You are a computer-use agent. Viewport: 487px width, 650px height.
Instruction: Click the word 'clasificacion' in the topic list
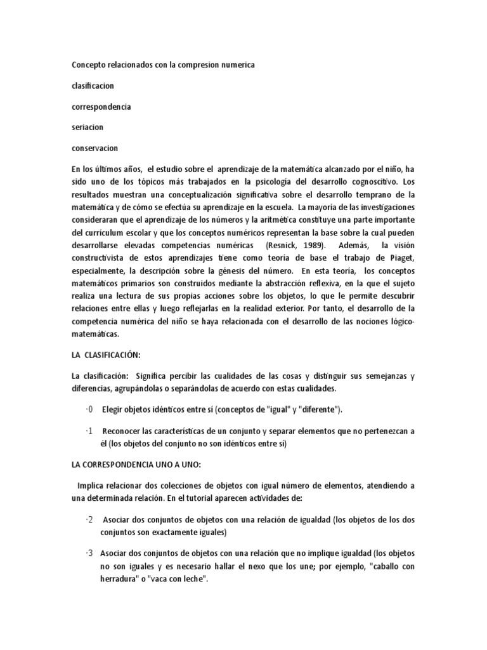pyautogui.click(x=93, y=85)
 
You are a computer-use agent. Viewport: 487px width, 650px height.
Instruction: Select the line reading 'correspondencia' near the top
pyautogui.click(x=101, y=107)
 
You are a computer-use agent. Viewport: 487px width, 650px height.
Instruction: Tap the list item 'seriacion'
pyautogui.click(x=87, y=127)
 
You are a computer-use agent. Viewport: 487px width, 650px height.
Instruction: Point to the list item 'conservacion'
pyautogui.click(x=94, y=148)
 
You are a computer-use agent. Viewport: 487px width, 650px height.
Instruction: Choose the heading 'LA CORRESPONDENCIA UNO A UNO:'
pyautogui.click(x=137, y=465)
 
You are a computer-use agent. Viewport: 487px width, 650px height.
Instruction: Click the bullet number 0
pyautogui.click(x=89, y=409)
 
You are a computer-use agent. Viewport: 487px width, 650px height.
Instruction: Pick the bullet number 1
pyautogui.click(x=89, y=432)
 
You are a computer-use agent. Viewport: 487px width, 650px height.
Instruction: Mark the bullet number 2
pyautogui.click(x=89, y=520)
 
